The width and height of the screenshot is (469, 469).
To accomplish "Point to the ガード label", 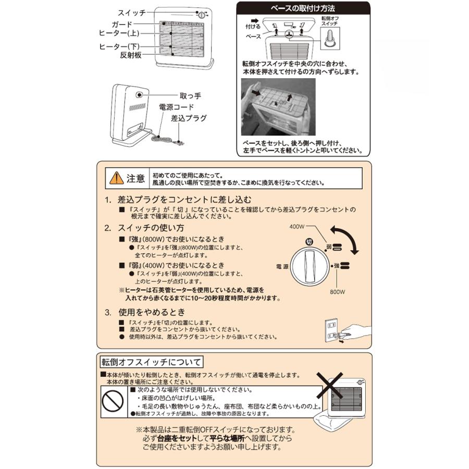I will pyautogui.click(x=122, y=24).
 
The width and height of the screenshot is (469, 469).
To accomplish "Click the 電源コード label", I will pyautogui.click(x=176, y=107).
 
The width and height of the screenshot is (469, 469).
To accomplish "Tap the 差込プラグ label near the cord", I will pyautogui.click(x=189, y=118).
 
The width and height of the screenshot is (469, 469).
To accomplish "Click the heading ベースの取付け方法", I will pyautogui.click(x=303, y=9).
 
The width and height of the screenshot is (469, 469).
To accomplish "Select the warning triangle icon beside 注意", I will pyautogui.click(x=116, y=179).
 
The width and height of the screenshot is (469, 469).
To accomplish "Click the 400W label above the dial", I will pyautogui.click(x=297, y=227).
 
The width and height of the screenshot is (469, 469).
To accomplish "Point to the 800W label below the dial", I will pyautogui.click(x=337, y=292).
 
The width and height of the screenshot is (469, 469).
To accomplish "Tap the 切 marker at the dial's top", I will pyautogui.click(x=309, y=241).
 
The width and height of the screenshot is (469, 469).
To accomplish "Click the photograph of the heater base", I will pyautogui.click(x=279, y=107).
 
